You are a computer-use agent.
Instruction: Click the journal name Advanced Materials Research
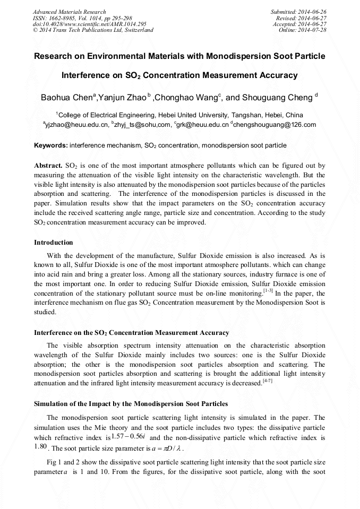coord(69,12)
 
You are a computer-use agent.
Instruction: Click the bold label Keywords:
coord(51,145)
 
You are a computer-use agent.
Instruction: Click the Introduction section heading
coord(54,243)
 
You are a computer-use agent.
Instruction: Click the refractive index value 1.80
coord(41,446)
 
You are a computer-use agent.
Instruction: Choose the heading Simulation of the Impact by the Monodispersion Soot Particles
coord(131,404)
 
